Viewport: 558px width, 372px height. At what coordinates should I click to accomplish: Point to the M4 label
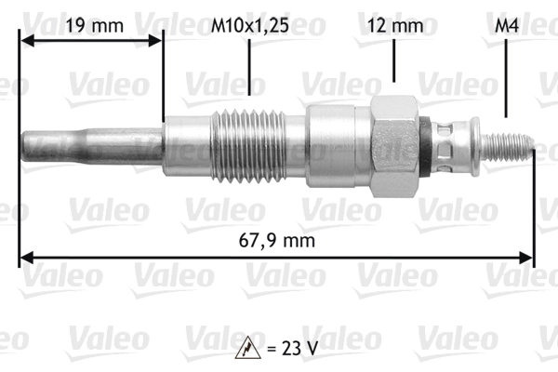coord(504,26)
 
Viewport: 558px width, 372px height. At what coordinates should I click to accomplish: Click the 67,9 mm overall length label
coord(278,240)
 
